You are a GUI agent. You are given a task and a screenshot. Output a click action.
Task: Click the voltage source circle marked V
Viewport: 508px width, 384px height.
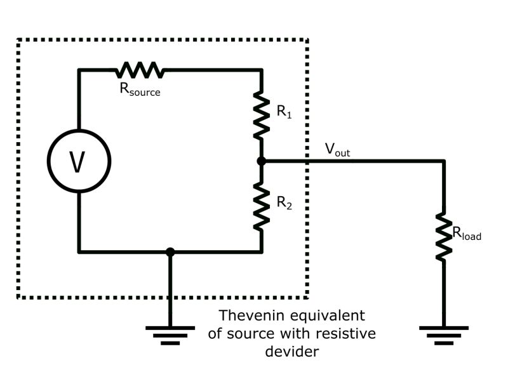coord(78,161)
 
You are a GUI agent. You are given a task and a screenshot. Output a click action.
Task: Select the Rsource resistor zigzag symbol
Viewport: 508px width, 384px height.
coord(140,70)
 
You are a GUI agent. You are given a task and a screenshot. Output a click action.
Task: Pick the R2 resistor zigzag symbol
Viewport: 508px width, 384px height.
coord(261,207)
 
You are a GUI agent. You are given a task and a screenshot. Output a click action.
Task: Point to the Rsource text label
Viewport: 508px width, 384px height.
coord(140,89)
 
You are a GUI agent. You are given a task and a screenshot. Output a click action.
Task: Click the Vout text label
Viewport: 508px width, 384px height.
coord(337,150)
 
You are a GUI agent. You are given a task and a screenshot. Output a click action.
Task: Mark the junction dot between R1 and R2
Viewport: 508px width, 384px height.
coord(261,161)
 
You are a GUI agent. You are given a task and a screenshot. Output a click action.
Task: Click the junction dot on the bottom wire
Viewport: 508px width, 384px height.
coord(170,252)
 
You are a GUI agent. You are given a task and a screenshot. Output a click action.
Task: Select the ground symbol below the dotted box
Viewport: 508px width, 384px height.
coord(170,334)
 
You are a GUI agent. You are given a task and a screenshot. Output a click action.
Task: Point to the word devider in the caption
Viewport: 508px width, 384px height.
coord(291,351)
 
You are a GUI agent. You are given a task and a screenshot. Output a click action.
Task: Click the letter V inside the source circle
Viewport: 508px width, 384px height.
coord(77,162)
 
